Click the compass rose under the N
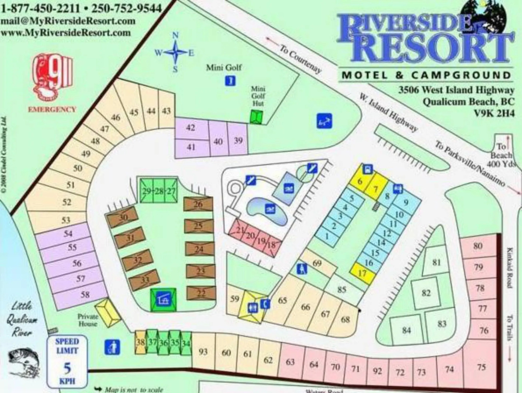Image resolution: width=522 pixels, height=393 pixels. [x=175, y=53]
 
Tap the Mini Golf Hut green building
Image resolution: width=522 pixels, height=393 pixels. [x=256, y=117]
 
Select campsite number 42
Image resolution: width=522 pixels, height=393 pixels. [x=191, y=128]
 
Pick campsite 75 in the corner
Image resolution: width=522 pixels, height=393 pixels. [x=481, y=367]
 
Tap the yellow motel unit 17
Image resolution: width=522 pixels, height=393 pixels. [x=362, y=273]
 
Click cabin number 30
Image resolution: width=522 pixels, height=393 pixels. [x=123, y=218]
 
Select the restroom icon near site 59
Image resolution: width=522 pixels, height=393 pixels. [x=253, y=308]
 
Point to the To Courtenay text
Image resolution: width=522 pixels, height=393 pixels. [x=300, y=58]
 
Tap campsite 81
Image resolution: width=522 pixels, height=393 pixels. [x=437, y=262]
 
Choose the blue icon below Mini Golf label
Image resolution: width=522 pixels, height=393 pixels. [x=230, y=80]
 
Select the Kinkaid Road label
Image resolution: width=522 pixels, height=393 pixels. [x=510, y=267]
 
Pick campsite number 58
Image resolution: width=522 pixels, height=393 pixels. [x=85, y=294]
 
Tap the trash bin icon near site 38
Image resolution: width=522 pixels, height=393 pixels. [x=112, y=347]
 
